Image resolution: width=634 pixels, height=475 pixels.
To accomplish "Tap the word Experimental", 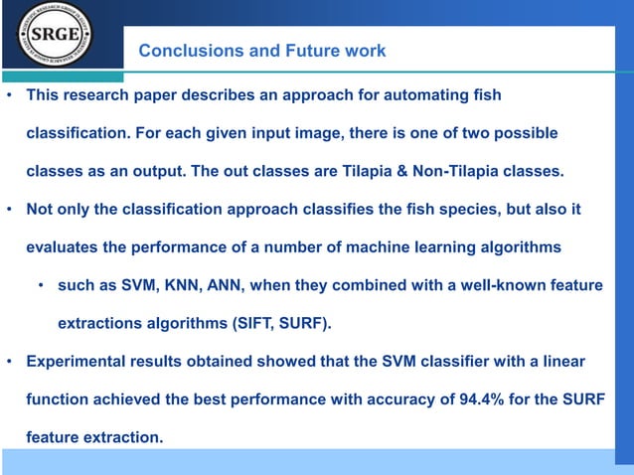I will [79, 361].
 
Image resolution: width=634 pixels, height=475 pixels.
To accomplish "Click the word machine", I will [370, 247].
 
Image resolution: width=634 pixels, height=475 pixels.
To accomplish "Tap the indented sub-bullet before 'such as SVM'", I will [42, 285].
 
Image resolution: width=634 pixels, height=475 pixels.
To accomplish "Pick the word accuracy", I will [413, 398].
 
